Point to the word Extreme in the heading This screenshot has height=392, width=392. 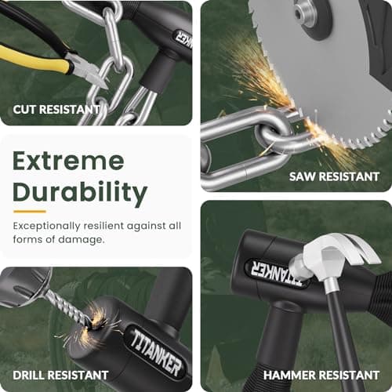click(x=68, y=162)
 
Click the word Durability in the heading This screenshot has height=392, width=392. click(x=80, y=192)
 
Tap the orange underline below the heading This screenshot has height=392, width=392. click(x=30, y=212)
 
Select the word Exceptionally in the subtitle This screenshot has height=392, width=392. click(x=46, y=227)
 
